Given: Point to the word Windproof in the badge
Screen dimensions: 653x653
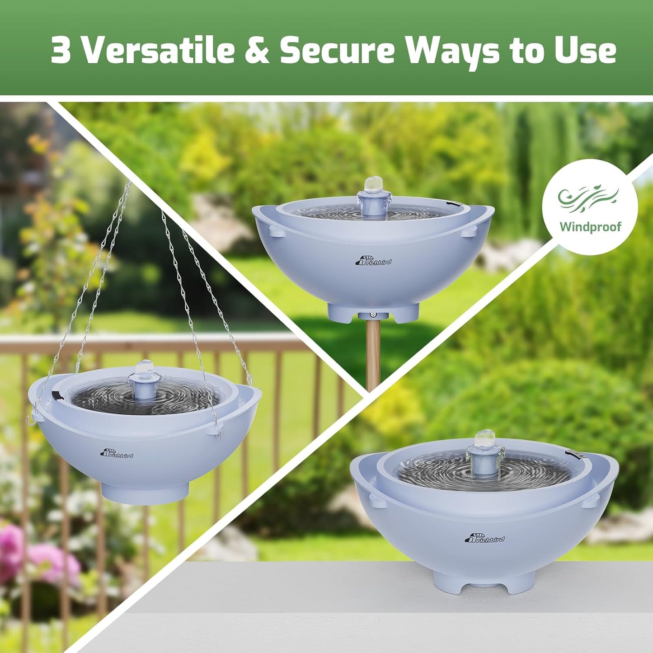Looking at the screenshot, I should tap(590, 226).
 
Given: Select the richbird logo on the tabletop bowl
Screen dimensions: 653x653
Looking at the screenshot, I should tap(485, 538).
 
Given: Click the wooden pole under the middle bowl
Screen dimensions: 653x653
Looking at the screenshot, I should tap(373, 357).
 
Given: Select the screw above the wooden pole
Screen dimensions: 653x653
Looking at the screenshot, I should tap(373, 315).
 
